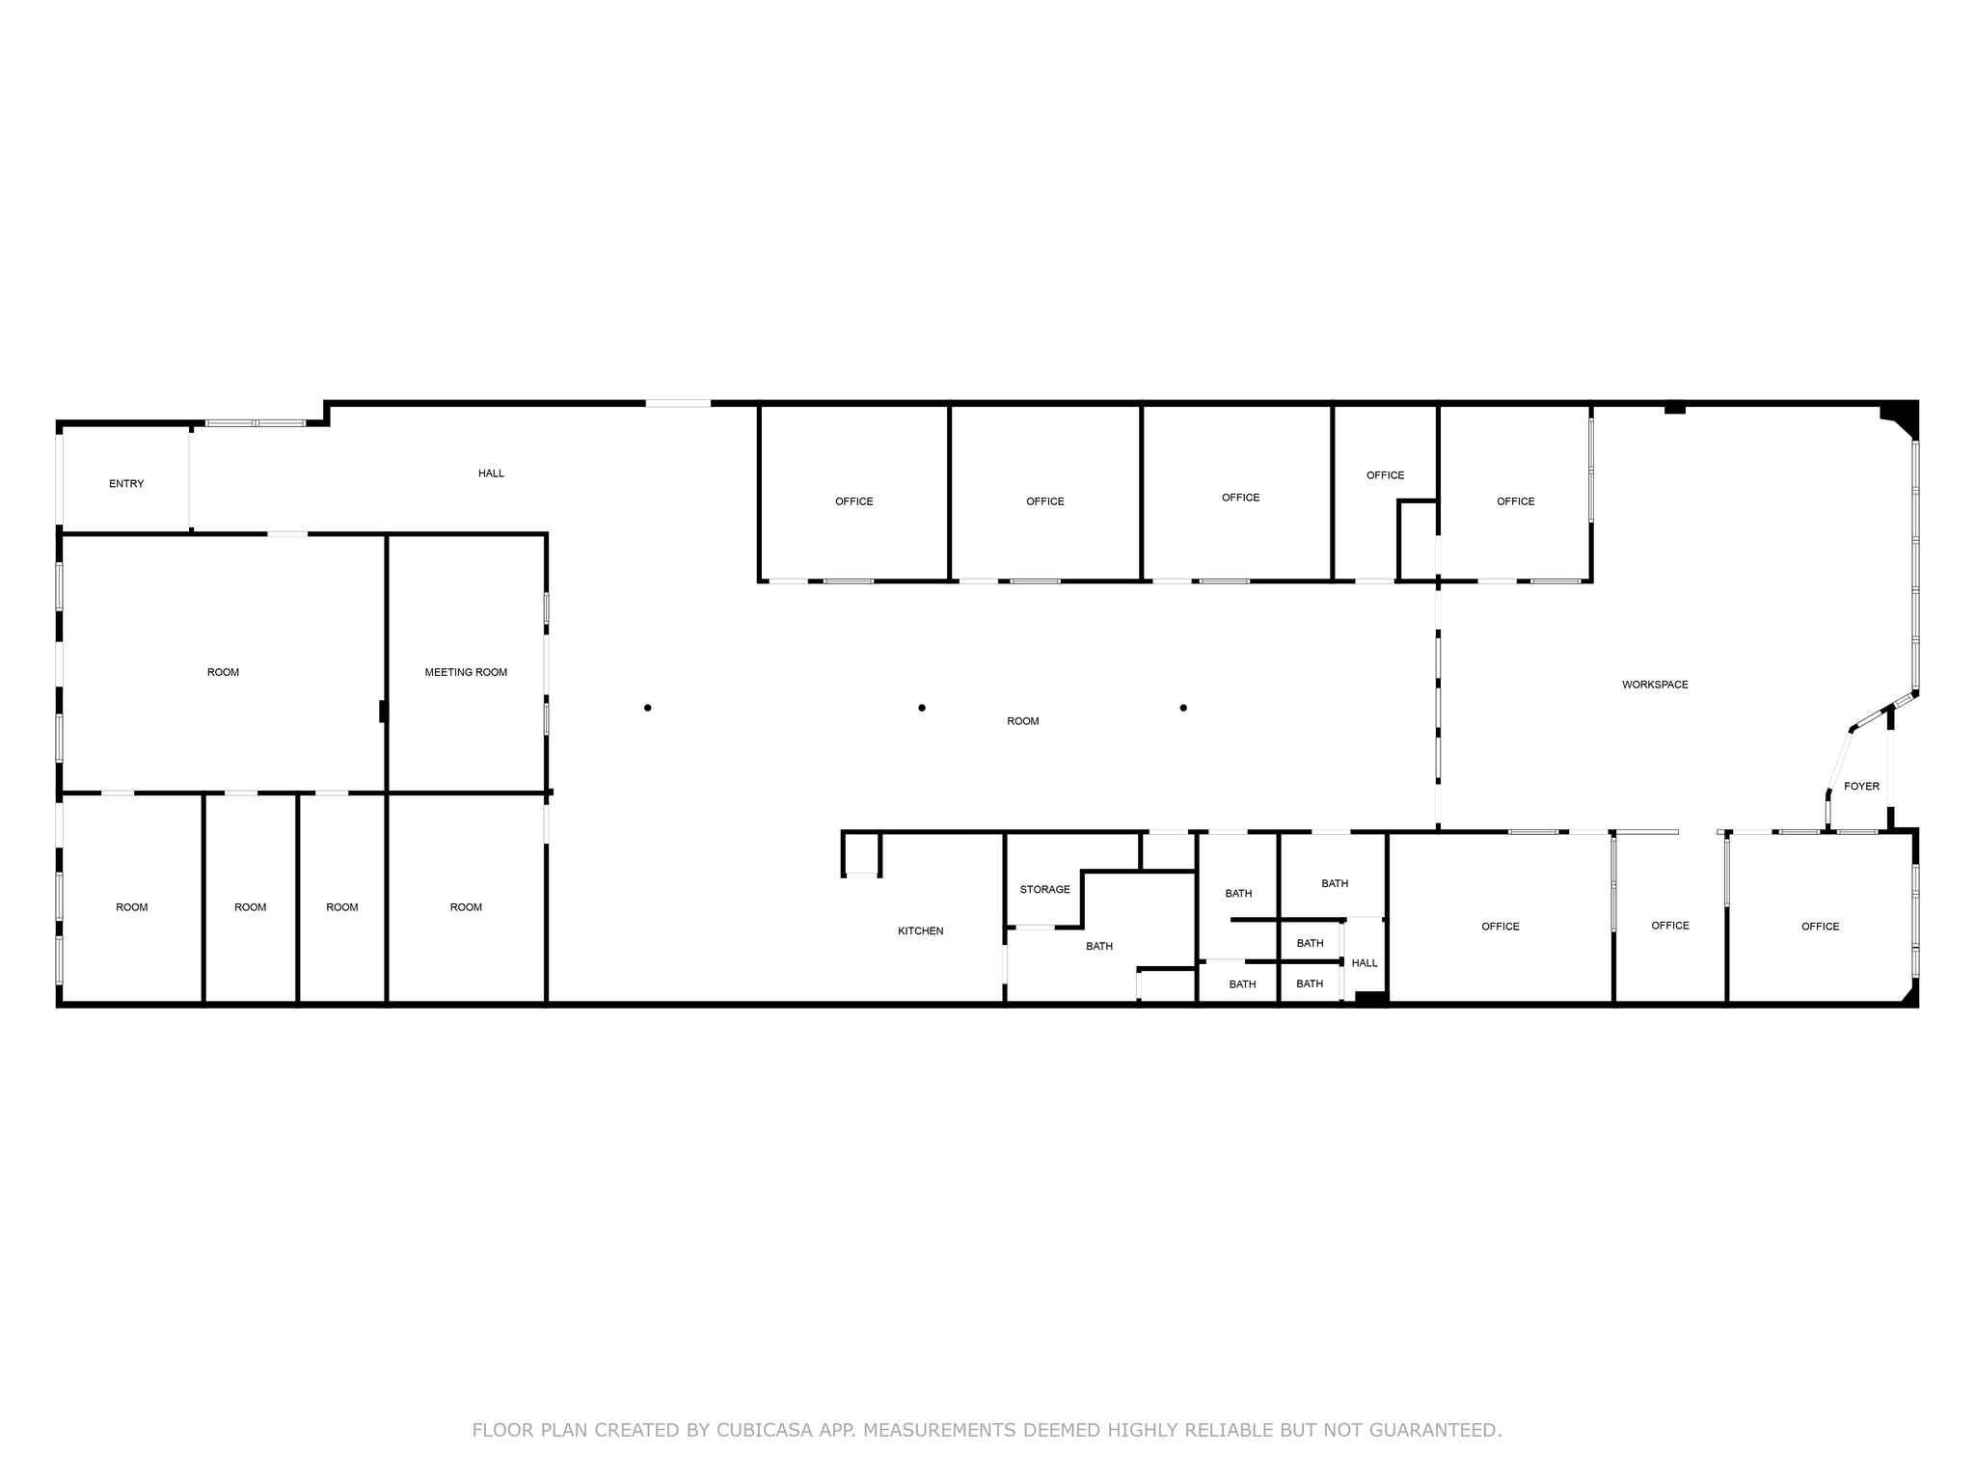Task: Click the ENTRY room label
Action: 126,484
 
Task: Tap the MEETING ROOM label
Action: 466,672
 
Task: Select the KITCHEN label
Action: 920,930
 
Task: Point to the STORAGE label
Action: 1044,889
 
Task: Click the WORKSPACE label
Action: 1655,685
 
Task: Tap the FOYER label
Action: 1861,787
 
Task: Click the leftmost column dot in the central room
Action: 648,708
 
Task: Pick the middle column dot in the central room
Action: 922,708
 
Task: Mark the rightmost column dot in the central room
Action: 1183,708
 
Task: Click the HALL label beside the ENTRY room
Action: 491,473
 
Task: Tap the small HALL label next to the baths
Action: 1365,963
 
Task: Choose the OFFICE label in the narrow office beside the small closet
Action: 1385,475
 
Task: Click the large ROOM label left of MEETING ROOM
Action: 223,672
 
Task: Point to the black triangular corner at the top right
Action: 1902,418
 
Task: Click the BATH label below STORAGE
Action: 1099,946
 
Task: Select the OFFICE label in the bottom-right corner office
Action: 1820,927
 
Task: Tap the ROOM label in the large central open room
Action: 1022,721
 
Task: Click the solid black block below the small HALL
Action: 1371,998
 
